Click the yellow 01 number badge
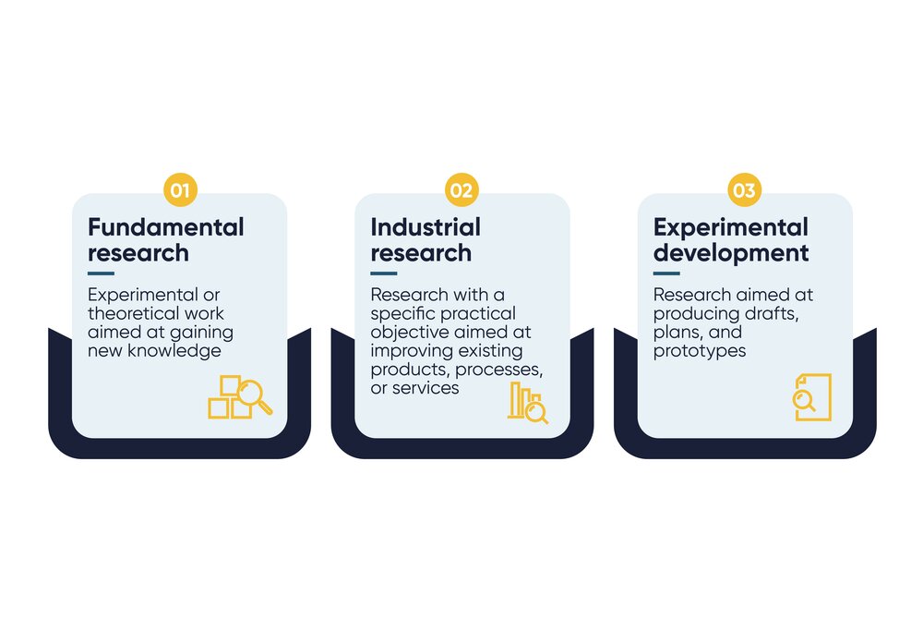[x=180, y=191]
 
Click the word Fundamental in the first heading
[x=166, y=227]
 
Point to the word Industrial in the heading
[x=426, y=227]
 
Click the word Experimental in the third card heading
[x=730, y=227]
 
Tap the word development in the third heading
[x=731, y=252]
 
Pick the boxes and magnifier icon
[x=240, y=396]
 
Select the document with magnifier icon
[x=812, y=397]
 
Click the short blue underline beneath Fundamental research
[x=101, y=273]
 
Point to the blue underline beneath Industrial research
[x=383, y=273]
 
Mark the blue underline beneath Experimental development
[x=666, y=273]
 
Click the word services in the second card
[x=426, y=388]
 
